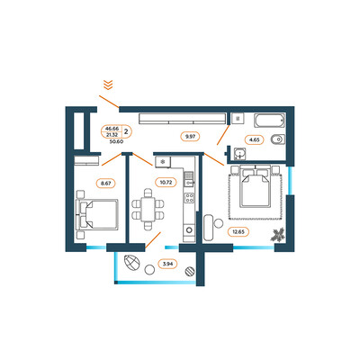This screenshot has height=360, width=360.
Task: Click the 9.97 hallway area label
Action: click(x=190, y=137)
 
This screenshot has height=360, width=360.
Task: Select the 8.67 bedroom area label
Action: click(x=106, y=184)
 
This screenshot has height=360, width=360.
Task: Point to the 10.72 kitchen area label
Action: click(x=166, y=182)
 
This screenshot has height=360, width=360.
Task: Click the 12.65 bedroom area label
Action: click(x=238, y=232)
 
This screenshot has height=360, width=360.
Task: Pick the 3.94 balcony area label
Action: click(x=167, y=265)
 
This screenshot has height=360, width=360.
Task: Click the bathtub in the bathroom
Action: click(x=269, y=121)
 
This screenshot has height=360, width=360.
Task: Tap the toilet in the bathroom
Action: click(x=278, y=139)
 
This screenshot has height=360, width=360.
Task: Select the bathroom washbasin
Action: click(x=239, y=154)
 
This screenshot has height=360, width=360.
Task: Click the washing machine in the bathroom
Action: click(x=238, y=119)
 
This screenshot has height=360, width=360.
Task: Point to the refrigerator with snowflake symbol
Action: click(x=163, y=162)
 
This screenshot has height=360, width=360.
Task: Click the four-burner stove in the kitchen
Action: click(x=189, y=198)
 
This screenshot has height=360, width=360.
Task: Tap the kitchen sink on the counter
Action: click(x=189, y=179)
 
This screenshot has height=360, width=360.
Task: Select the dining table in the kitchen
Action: click(x=148, y=210)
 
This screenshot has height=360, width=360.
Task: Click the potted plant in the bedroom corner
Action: click(x=277, y=235)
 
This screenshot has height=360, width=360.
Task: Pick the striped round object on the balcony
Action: click(x=190, y=271)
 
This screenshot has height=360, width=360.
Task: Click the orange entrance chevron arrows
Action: click(x=108, y=85)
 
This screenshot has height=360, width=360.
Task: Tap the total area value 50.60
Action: click(x=117, y=141)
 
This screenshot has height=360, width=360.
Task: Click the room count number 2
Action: click(x=126, y=131)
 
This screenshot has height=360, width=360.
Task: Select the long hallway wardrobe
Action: click(x=183, y=119)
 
